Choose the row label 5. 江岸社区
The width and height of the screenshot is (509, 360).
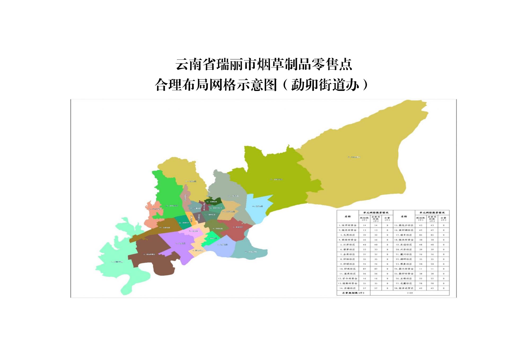tap(348, 245)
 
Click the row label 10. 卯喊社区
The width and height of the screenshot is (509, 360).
tap(348, 269)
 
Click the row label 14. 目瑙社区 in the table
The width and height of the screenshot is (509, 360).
tap(348, 288)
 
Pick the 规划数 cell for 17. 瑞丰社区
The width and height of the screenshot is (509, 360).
tap(420, 235)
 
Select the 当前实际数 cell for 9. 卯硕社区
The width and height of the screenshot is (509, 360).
tap(376, 264)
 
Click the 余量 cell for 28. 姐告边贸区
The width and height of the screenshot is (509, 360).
tap(443, 288)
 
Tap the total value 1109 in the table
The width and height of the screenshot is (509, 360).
tap(410, 293)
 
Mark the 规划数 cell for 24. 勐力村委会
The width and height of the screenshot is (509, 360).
tap(420, 269)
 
